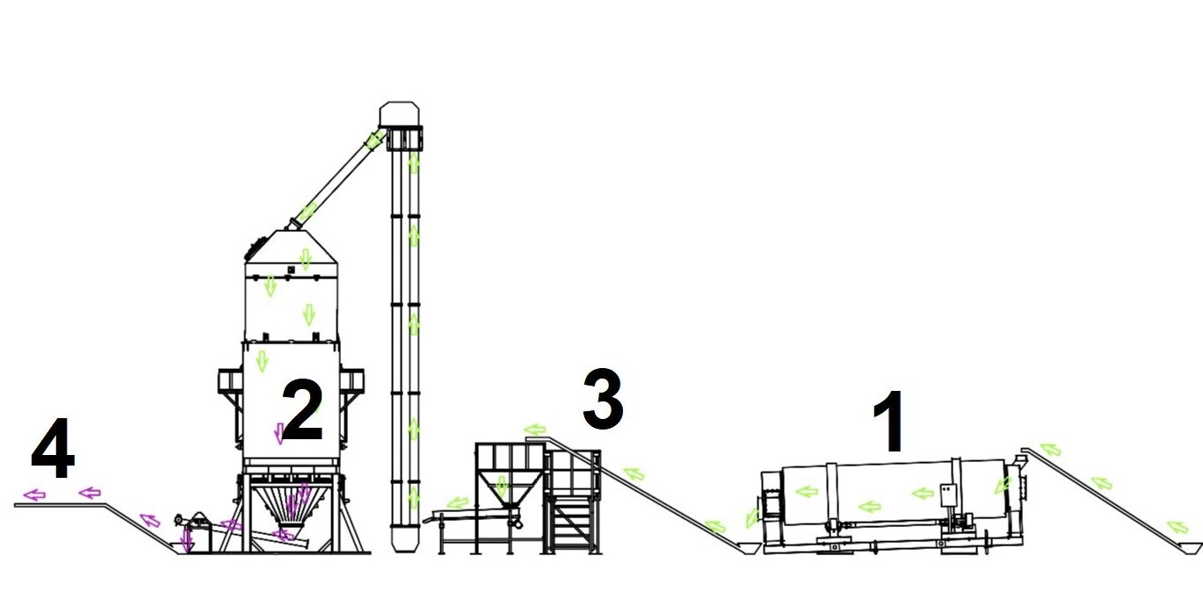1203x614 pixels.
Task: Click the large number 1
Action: point(889,422)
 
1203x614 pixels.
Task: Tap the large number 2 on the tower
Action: point(302,409)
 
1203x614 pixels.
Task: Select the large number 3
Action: point(603,399)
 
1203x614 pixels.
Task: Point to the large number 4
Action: point(53,448)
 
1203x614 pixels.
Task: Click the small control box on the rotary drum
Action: point(949,495)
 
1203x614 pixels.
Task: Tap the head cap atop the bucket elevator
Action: point(399,114)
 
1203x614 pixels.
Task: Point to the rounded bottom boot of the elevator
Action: point(404,539)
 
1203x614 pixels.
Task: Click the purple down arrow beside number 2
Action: point(279,434)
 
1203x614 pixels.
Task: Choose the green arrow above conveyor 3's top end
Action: point(535,430)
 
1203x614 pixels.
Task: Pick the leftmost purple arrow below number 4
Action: point(34,495)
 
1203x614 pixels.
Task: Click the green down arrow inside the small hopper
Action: point(501,487)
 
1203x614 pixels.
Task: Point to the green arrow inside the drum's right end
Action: point(1003,486)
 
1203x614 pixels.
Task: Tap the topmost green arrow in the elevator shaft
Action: point(414,163)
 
